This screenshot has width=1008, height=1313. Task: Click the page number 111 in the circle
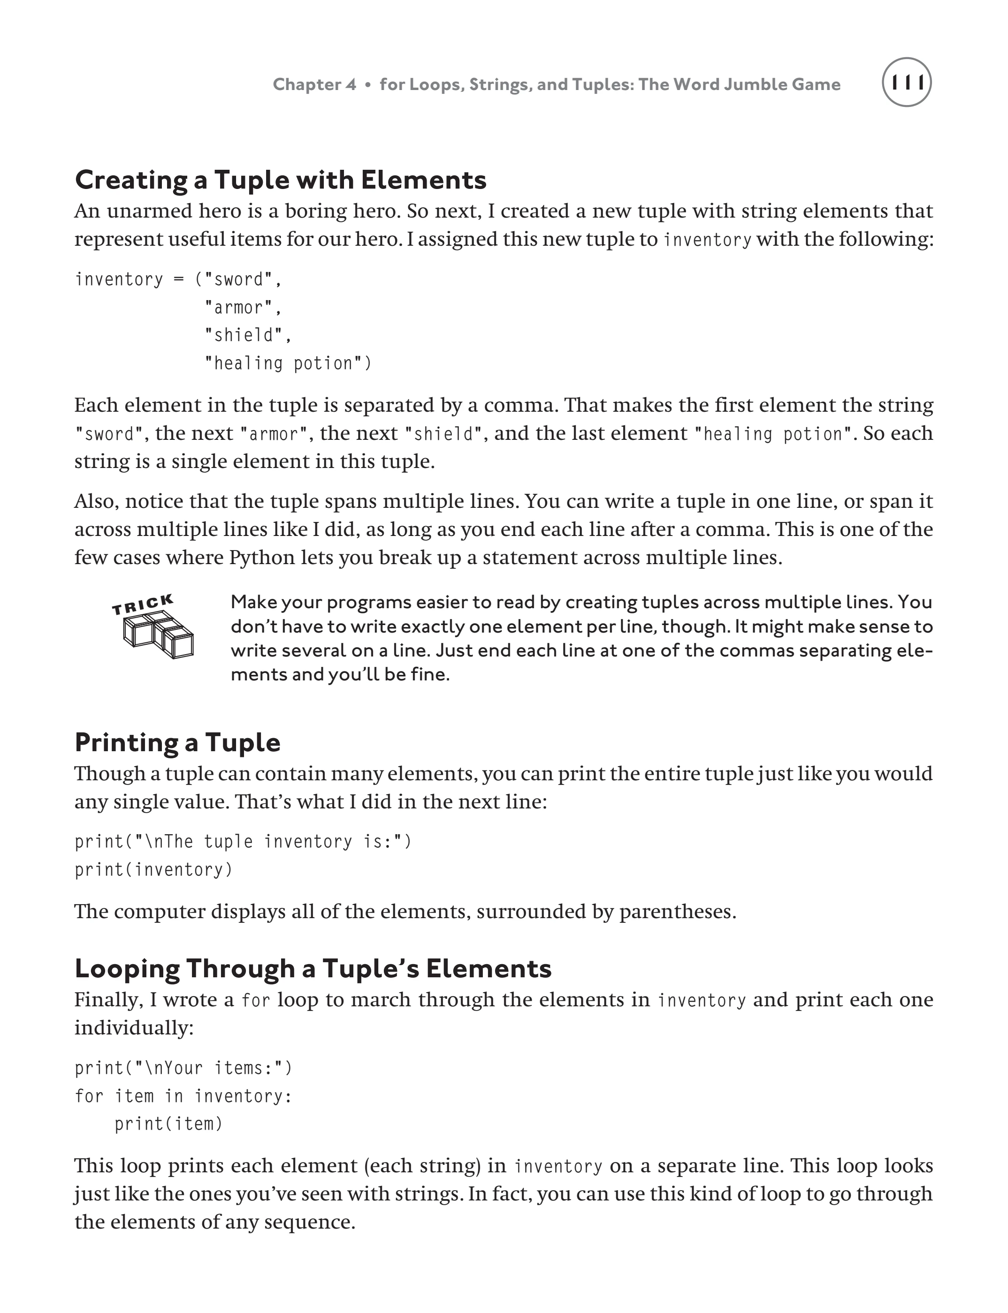(907, 83)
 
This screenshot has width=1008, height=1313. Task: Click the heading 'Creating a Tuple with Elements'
(280, 180)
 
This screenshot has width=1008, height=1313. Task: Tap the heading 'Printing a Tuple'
(177, 742)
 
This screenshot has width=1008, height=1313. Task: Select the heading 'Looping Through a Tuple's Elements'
(313, 968)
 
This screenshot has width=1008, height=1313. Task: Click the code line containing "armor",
(243, 308)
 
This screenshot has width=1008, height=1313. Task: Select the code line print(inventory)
(153, 870)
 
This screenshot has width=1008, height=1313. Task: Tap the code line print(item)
(168, 1124)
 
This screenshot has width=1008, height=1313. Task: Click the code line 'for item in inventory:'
(183, 1096)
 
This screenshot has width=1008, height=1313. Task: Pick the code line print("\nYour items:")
(183, 1068)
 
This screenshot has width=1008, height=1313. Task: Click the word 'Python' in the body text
(262, 558)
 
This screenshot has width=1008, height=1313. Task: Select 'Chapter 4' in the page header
(314, 84)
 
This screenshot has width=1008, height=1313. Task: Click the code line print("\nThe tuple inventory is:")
(243, 842)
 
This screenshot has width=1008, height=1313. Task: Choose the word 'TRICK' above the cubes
(143, 604)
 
